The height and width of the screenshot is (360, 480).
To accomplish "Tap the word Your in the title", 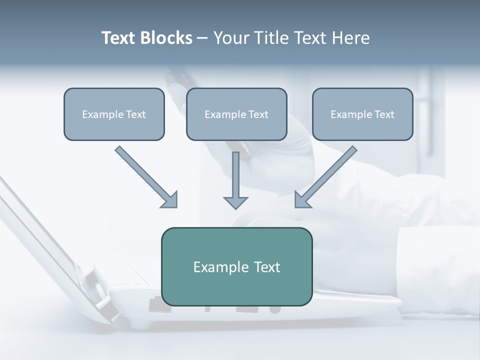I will [x=231, y=38].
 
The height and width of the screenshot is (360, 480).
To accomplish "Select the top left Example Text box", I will [x=114, y=114].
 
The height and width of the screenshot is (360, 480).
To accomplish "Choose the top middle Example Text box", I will [x=236, y=114].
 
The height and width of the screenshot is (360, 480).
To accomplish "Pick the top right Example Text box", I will [x=362, y=114].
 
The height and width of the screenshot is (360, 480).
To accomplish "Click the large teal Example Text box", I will [x=236, y=266].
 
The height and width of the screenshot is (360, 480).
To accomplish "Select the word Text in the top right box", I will [x=384, y=114].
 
